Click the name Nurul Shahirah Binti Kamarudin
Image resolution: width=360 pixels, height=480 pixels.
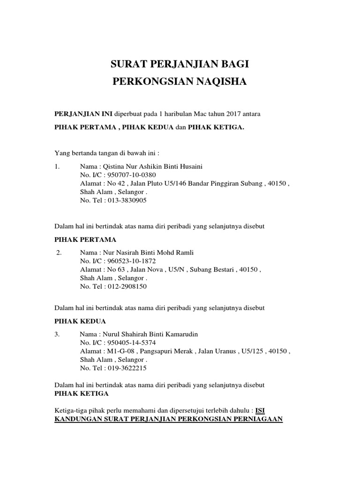coord(147,334)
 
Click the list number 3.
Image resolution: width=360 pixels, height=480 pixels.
coord(57,334)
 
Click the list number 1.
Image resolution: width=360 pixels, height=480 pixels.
coord(57,166)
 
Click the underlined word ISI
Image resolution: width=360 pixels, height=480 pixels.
coord(266,411)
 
